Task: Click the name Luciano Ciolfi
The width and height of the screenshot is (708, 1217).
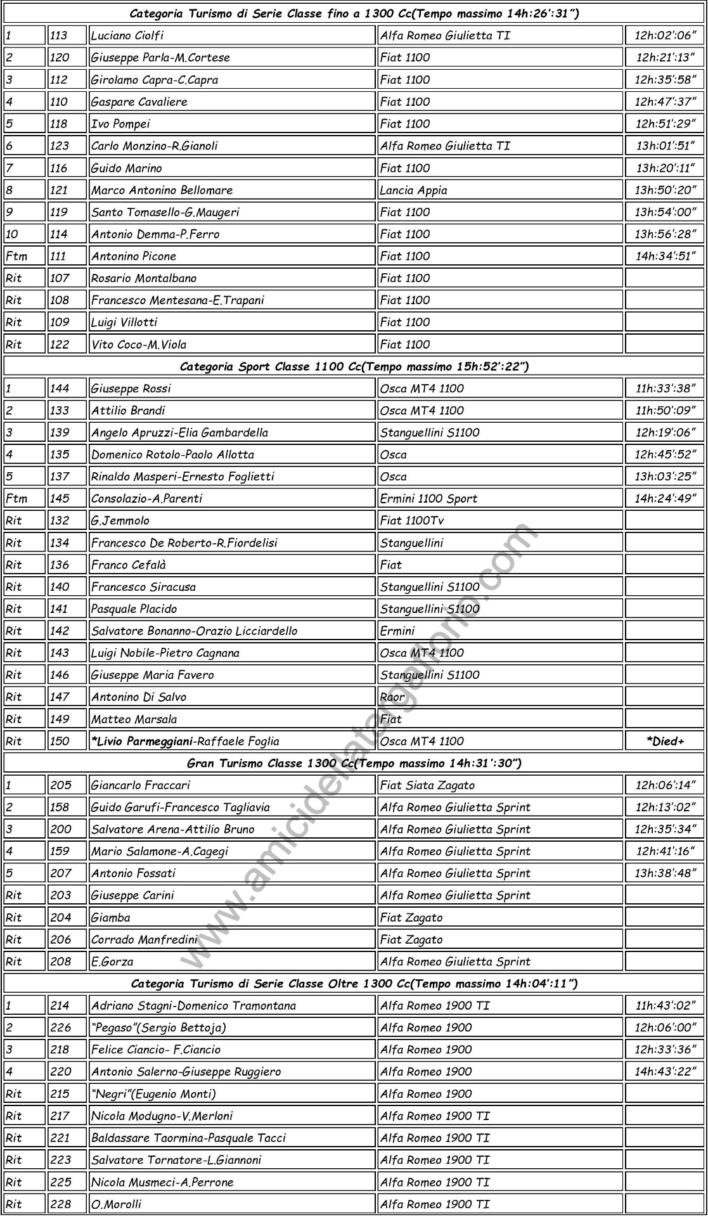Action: pos(127,35)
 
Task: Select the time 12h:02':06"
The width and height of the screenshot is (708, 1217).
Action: pos(665,35)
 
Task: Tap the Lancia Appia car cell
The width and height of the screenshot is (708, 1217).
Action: pos(414,190)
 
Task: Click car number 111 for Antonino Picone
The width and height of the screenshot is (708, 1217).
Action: pos(59,256)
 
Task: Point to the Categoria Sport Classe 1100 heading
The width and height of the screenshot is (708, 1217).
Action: pos(354,366)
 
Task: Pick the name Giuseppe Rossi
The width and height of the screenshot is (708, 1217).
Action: pos(131,389)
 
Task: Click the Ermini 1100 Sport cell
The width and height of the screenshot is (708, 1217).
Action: pos(428,499)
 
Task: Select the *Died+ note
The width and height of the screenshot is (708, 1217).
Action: pos(665,741)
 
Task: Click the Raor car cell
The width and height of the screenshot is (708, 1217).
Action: pos(392,697)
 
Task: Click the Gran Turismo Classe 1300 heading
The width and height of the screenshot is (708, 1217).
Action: pos(354,763)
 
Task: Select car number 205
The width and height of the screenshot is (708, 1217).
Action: pos(61,785)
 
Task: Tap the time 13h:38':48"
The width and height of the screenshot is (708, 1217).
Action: pos(665,873)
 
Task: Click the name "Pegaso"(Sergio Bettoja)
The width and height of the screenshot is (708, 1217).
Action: pos(158,1027)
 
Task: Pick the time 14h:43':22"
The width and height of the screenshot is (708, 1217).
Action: pos(665,1072)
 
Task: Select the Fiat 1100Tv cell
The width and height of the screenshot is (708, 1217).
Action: pos(412,520)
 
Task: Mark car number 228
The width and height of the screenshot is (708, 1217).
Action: pos(61,1204)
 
